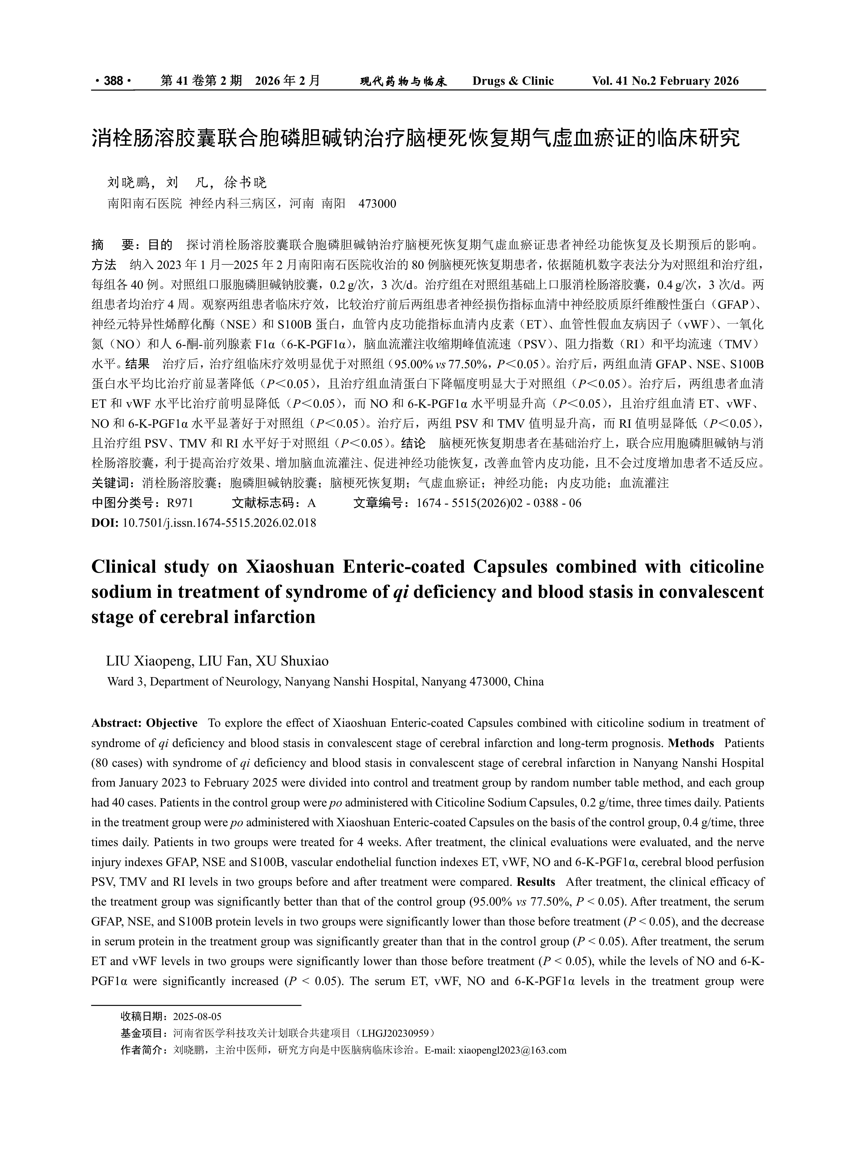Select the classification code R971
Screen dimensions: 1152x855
pos(180,503)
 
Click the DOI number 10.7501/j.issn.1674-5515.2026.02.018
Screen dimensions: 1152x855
pos(219,523)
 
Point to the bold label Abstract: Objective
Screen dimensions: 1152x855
pos(144,723)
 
